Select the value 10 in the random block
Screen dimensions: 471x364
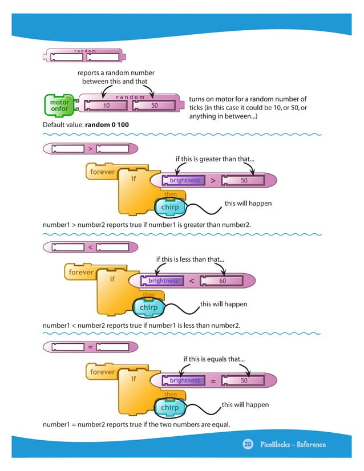(x=106, y=105)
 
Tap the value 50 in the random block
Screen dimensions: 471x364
(x=154, y=105)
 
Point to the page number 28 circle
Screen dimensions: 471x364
(x=248, y=444)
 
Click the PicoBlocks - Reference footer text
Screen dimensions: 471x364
(x=293, y=444)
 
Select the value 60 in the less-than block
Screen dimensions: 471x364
(x=223, y=281)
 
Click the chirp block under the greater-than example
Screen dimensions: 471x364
(x=170, y=207)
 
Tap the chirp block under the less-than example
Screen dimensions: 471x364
(x=148, y=307)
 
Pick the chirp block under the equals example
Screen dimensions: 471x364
(x=170, y=408)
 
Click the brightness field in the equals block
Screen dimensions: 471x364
(x=185, y=380)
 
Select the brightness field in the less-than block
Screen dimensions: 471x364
(x=164, y=281)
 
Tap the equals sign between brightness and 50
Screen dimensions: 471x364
(x=213, y=381)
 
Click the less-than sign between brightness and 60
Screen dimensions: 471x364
(x=192, y=281)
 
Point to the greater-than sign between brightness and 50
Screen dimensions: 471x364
(x=213, y=181)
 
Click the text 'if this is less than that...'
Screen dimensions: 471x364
(x=190, y=259)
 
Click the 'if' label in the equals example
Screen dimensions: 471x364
(x=134, y=378)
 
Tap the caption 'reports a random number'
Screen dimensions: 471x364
(x=116, y=72)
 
